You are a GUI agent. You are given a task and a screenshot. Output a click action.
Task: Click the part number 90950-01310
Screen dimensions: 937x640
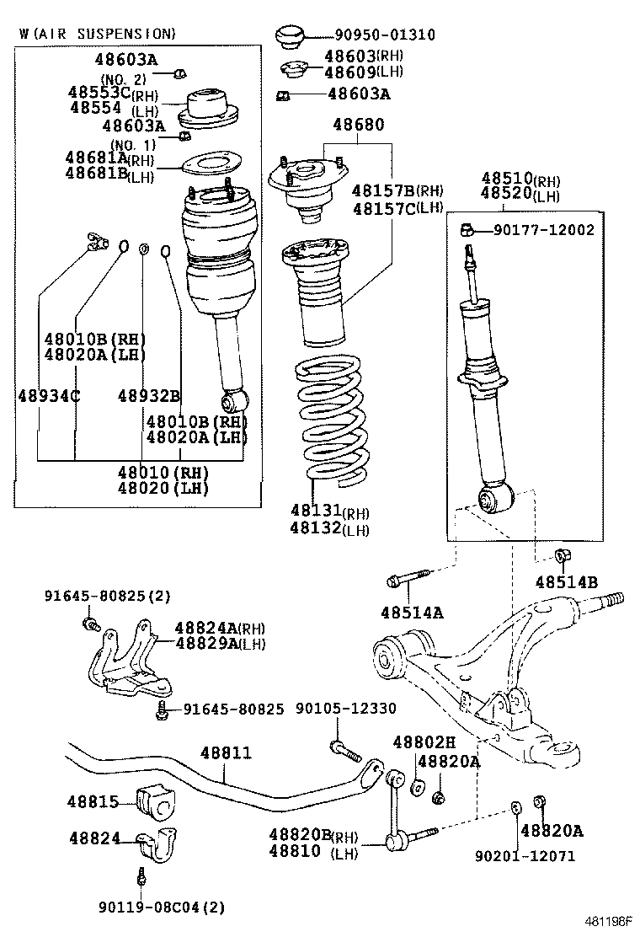pyautogui.click(x=385, y=35)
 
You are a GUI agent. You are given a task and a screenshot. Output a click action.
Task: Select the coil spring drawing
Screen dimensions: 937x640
pyautogui.click(x=332, y=424)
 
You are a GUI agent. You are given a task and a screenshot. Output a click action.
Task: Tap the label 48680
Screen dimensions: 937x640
pyautogui.click(x=358, y=125)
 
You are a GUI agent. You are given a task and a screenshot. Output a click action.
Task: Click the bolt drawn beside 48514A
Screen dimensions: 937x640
pyautogui.click(x=408, y=579)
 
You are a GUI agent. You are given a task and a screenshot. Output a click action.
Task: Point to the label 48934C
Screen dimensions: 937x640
pyautogui.click(x=49, y=395)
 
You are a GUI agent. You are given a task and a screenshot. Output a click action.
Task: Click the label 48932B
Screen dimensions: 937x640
pyautogui.click(x=148, y=395)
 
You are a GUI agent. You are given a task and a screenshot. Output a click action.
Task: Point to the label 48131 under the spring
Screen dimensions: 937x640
pyautogui.click(x=316, y=511)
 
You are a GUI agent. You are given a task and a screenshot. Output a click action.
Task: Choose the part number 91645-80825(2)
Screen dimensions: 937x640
pyautogui.click(x=108, y=596)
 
